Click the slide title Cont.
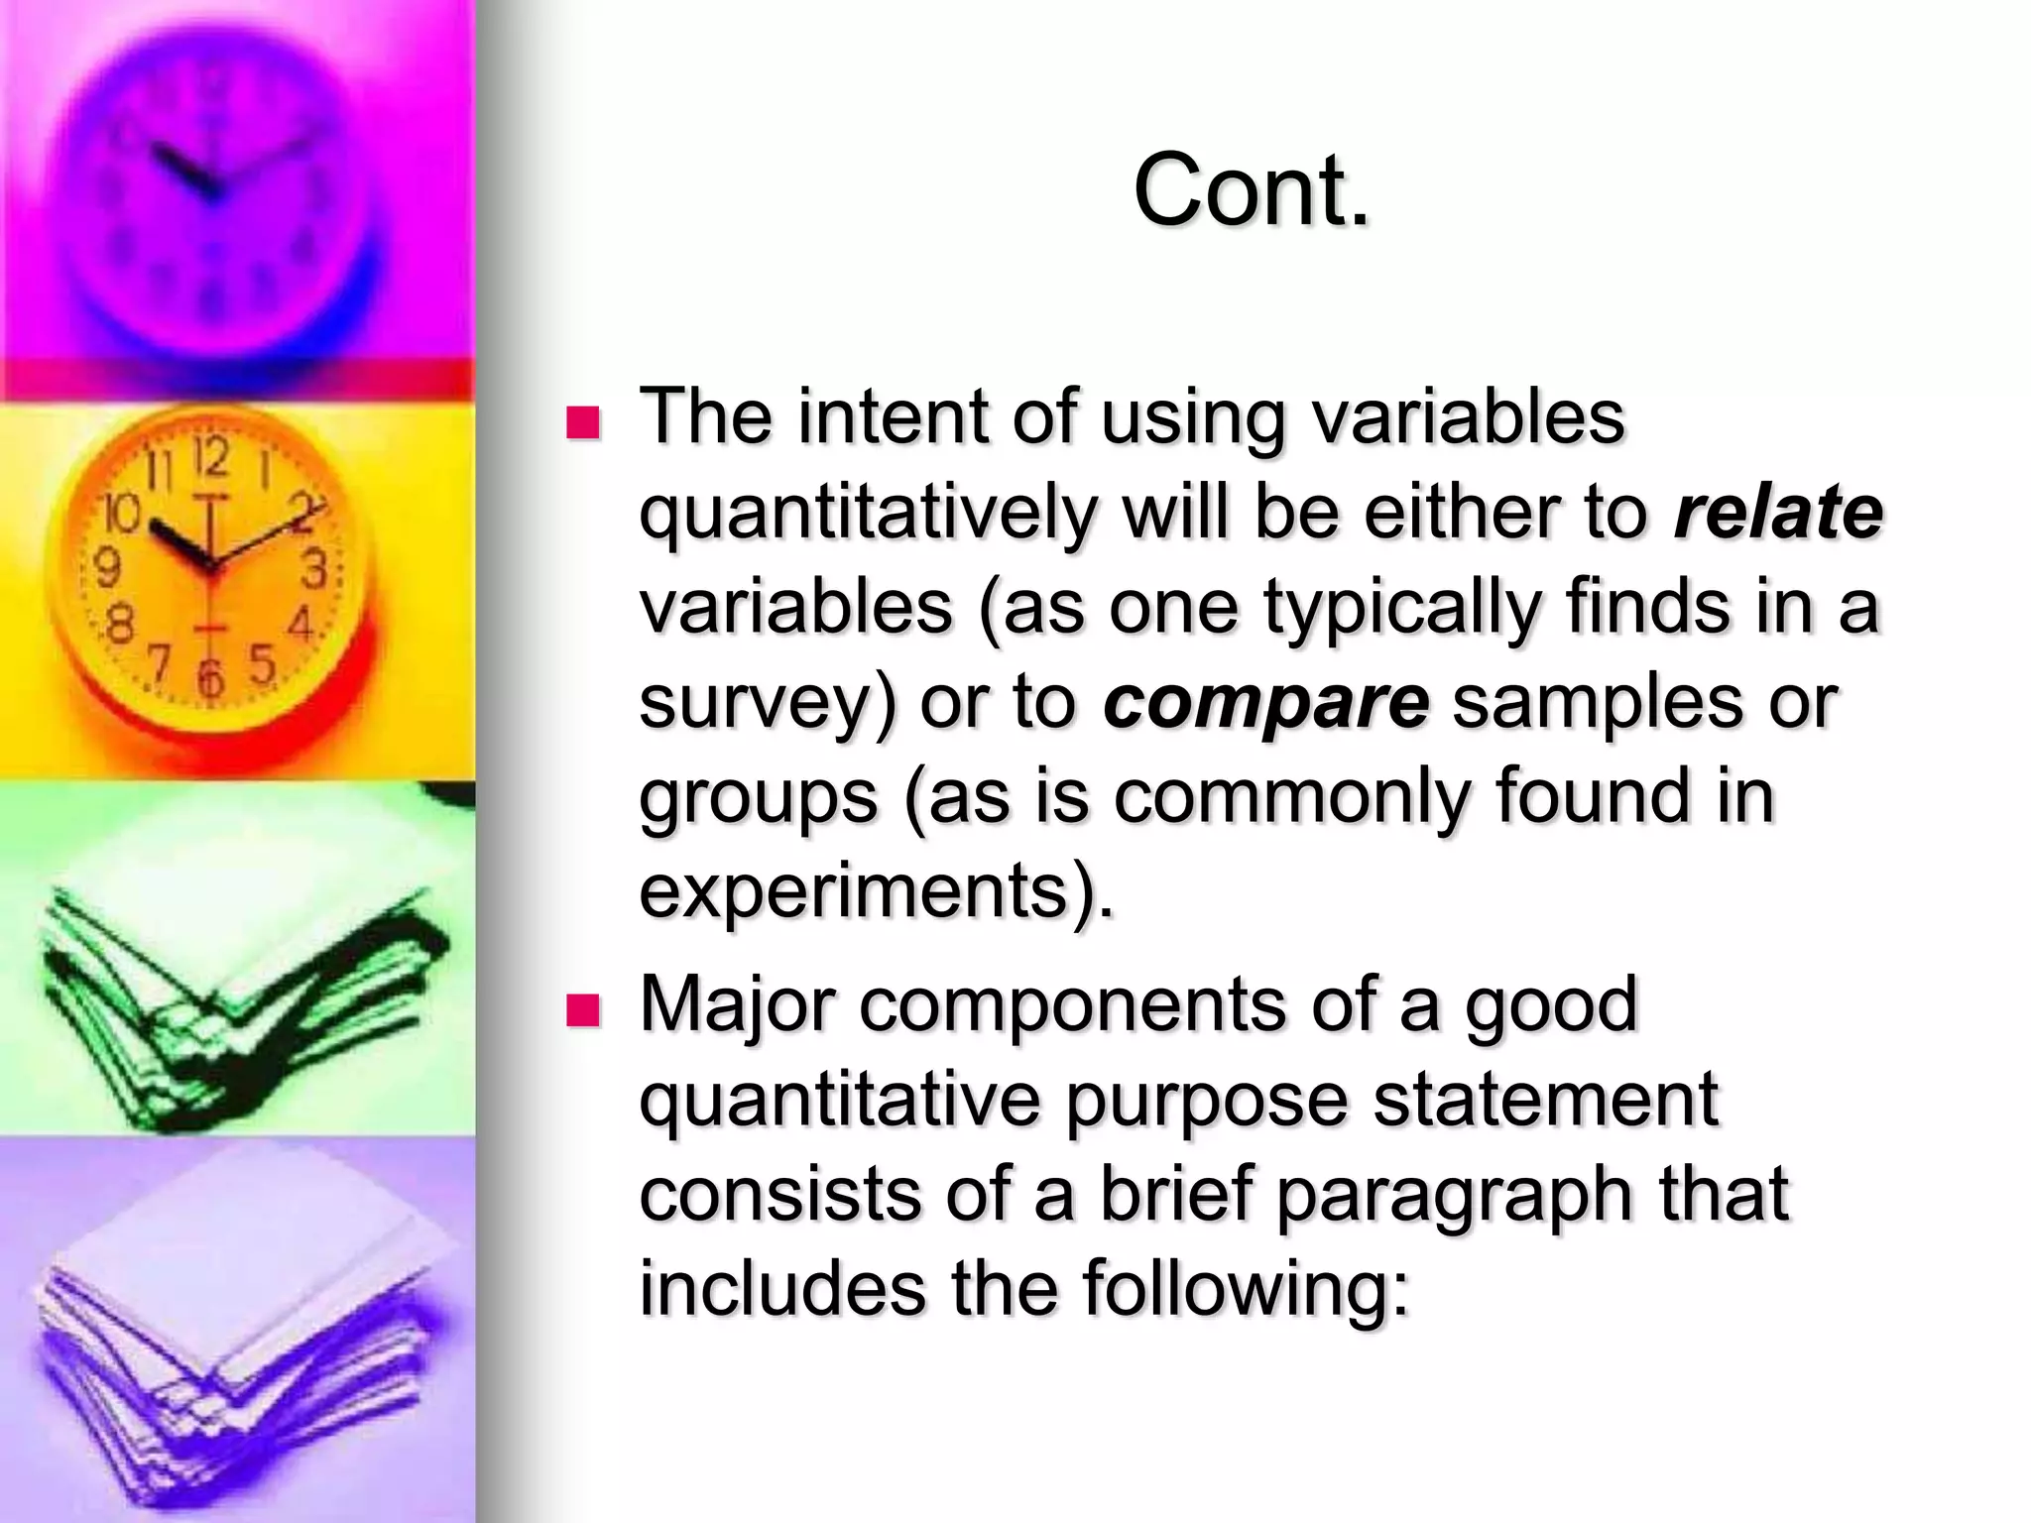pyautogui.click(x=1252, y=190)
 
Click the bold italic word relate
pyautogui.click(x=1778, y=513)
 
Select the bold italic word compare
pyautogui.click(x=1266, y=702)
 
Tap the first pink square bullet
pyautogui.click(x=583, y=422)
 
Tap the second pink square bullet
pyautogui.click(x=583, y=1011)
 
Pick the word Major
pyautogui.click(x=738, y=1005)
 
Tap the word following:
pyautogui.click(x=1246, y=1289)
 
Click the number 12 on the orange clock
pyautogui.click(x=211, y=459)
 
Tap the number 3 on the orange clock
pyautogui.click(x=315, y=570)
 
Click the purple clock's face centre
pyautogui.click(x=211, y=188)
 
